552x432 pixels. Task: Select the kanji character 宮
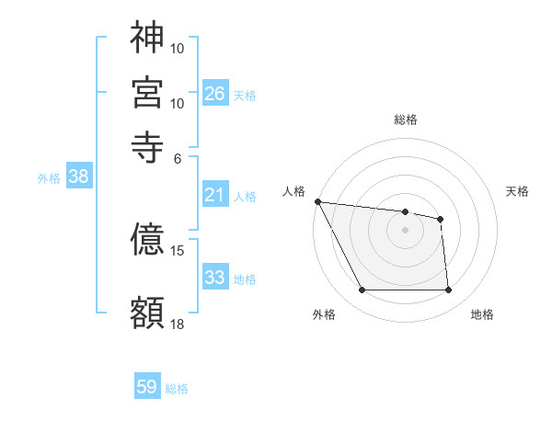[147, 92]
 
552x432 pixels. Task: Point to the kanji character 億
[147, 240]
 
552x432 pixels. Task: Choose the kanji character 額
[147, 312]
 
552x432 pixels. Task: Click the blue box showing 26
[215, 93]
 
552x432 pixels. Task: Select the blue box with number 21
[215, 195]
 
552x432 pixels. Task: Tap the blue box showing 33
[215, 278]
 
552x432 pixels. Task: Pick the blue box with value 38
[78, 177]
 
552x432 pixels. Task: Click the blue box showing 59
[147, 387]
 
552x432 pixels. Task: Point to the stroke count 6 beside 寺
[178, 157]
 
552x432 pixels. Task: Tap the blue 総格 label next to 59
[177, 389]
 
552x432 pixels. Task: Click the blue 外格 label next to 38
[49, 178]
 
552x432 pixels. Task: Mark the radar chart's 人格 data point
[317, 201]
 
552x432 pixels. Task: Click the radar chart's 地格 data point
[448, 290]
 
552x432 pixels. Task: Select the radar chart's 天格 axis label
[518, 191]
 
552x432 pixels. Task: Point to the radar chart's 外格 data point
[362, 290]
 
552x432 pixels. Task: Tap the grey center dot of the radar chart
[405, 230]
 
